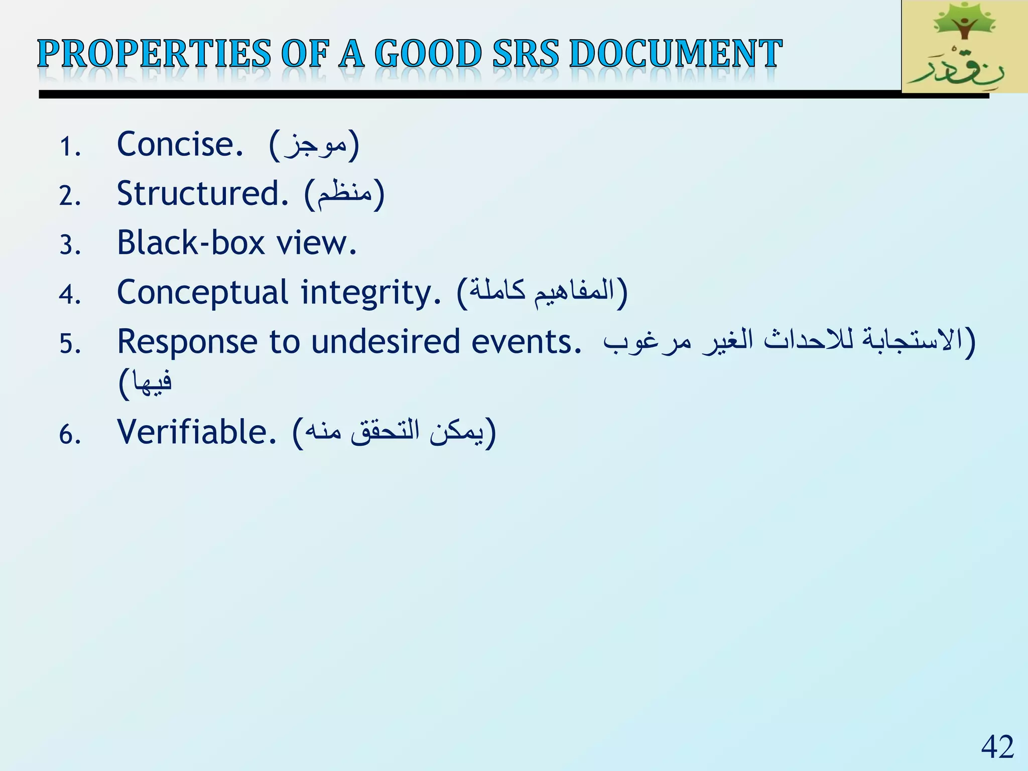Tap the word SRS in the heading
click(x=525, y=54)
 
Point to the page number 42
click(x=997, y=747)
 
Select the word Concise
click(x=180, y=145)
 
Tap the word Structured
click(x=202, y=194)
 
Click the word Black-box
click(x=191, y=243)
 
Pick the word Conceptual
click(x=203, y=293)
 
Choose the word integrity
click(x=370, y=293)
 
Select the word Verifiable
click(x=196, y=432)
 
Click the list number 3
click(x=69, y=245)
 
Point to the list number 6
click(x=69, y=435)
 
